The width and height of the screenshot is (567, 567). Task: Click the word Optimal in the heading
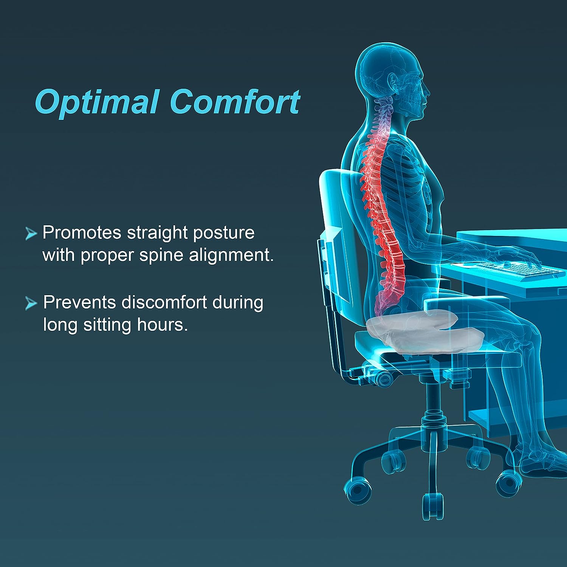coord(96,102)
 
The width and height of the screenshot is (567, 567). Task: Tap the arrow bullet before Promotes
coord(31,234)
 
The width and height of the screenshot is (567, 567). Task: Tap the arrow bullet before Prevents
coord(31,303)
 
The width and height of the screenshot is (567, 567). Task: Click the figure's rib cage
coord(408,178)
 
